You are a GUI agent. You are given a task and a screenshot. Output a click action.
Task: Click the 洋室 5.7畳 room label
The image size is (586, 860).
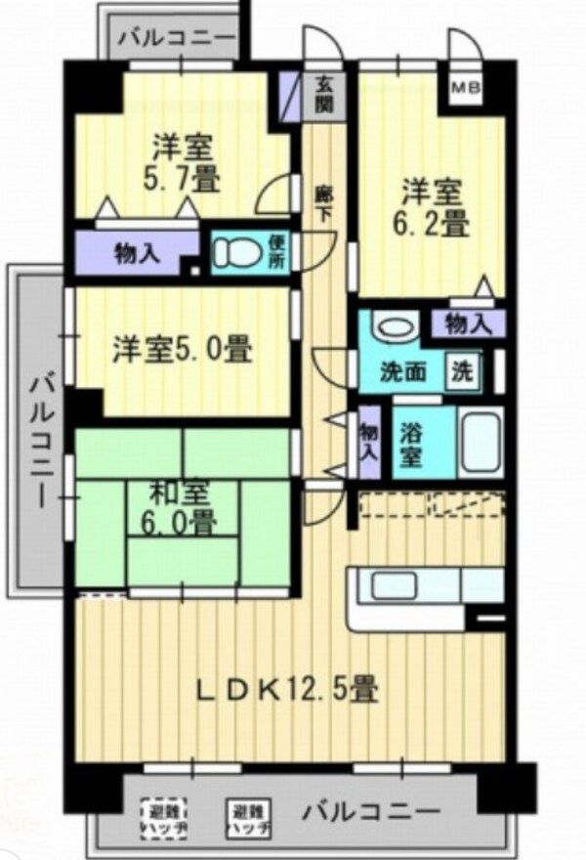(184, 165)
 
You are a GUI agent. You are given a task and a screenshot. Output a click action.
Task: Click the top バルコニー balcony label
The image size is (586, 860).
(178, 40)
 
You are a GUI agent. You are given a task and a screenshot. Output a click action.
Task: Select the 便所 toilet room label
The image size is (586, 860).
(276, 252)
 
